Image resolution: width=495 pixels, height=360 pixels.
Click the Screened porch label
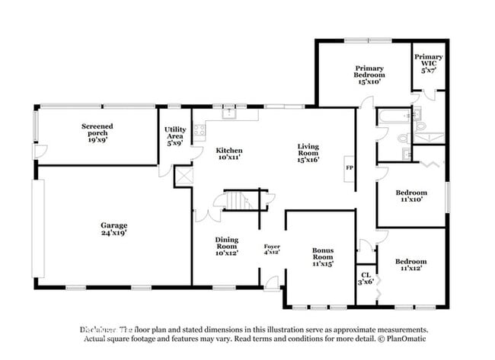(x=97, y=134)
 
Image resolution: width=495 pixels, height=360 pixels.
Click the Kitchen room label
(x=228, y=155)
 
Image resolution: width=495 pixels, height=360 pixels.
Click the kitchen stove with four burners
(x=200, y=130)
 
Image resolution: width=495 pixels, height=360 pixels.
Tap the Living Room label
(x=308, y=153)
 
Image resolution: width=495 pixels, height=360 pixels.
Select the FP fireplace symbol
(x=350, y=167)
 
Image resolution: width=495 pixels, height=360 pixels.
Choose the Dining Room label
(x=226, y=246)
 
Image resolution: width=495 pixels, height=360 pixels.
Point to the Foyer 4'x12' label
(x=272, y=250)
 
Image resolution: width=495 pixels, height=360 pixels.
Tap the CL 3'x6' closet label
(x=365, y=278)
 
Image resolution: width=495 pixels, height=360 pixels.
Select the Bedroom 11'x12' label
(x=410, y=264)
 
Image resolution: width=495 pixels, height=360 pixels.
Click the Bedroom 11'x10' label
(x=410, y=197)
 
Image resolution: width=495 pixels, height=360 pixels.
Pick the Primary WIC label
(x=429, y=63)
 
